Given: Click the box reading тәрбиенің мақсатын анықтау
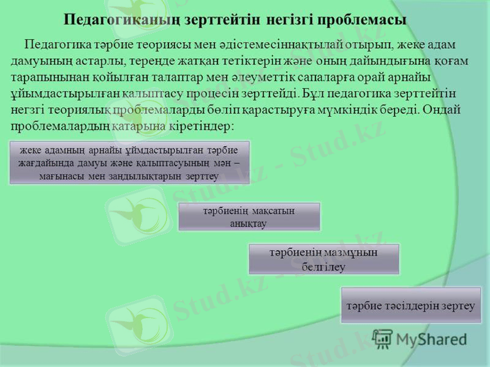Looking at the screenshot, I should click(249, 217).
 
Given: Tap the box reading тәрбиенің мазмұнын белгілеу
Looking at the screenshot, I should click(323, 259).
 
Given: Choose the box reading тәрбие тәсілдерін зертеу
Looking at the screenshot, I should click(410, 305).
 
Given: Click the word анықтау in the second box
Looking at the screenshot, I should click(249, 223).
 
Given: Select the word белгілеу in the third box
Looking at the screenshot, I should click(323, 267).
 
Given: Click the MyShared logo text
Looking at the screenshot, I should click(429, 338).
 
